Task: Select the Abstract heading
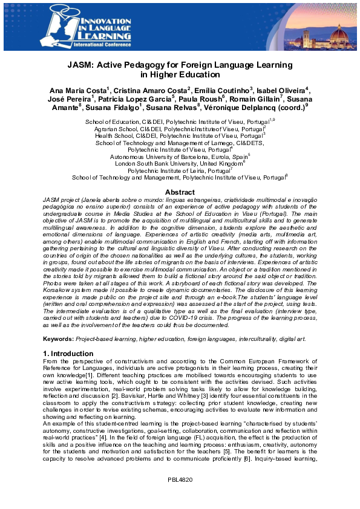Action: pyautogui.click(x=180, y=192)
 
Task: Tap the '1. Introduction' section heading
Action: pyautogui.click(x=68, y=353)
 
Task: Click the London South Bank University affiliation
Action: pyautogui.click(x=179, y=163)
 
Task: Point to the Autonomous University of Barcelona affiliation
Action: pyautogui.click(x=179, y=156)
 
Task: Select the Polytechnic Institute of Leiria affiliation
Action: pyautogui.click(x=179, y=170)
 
